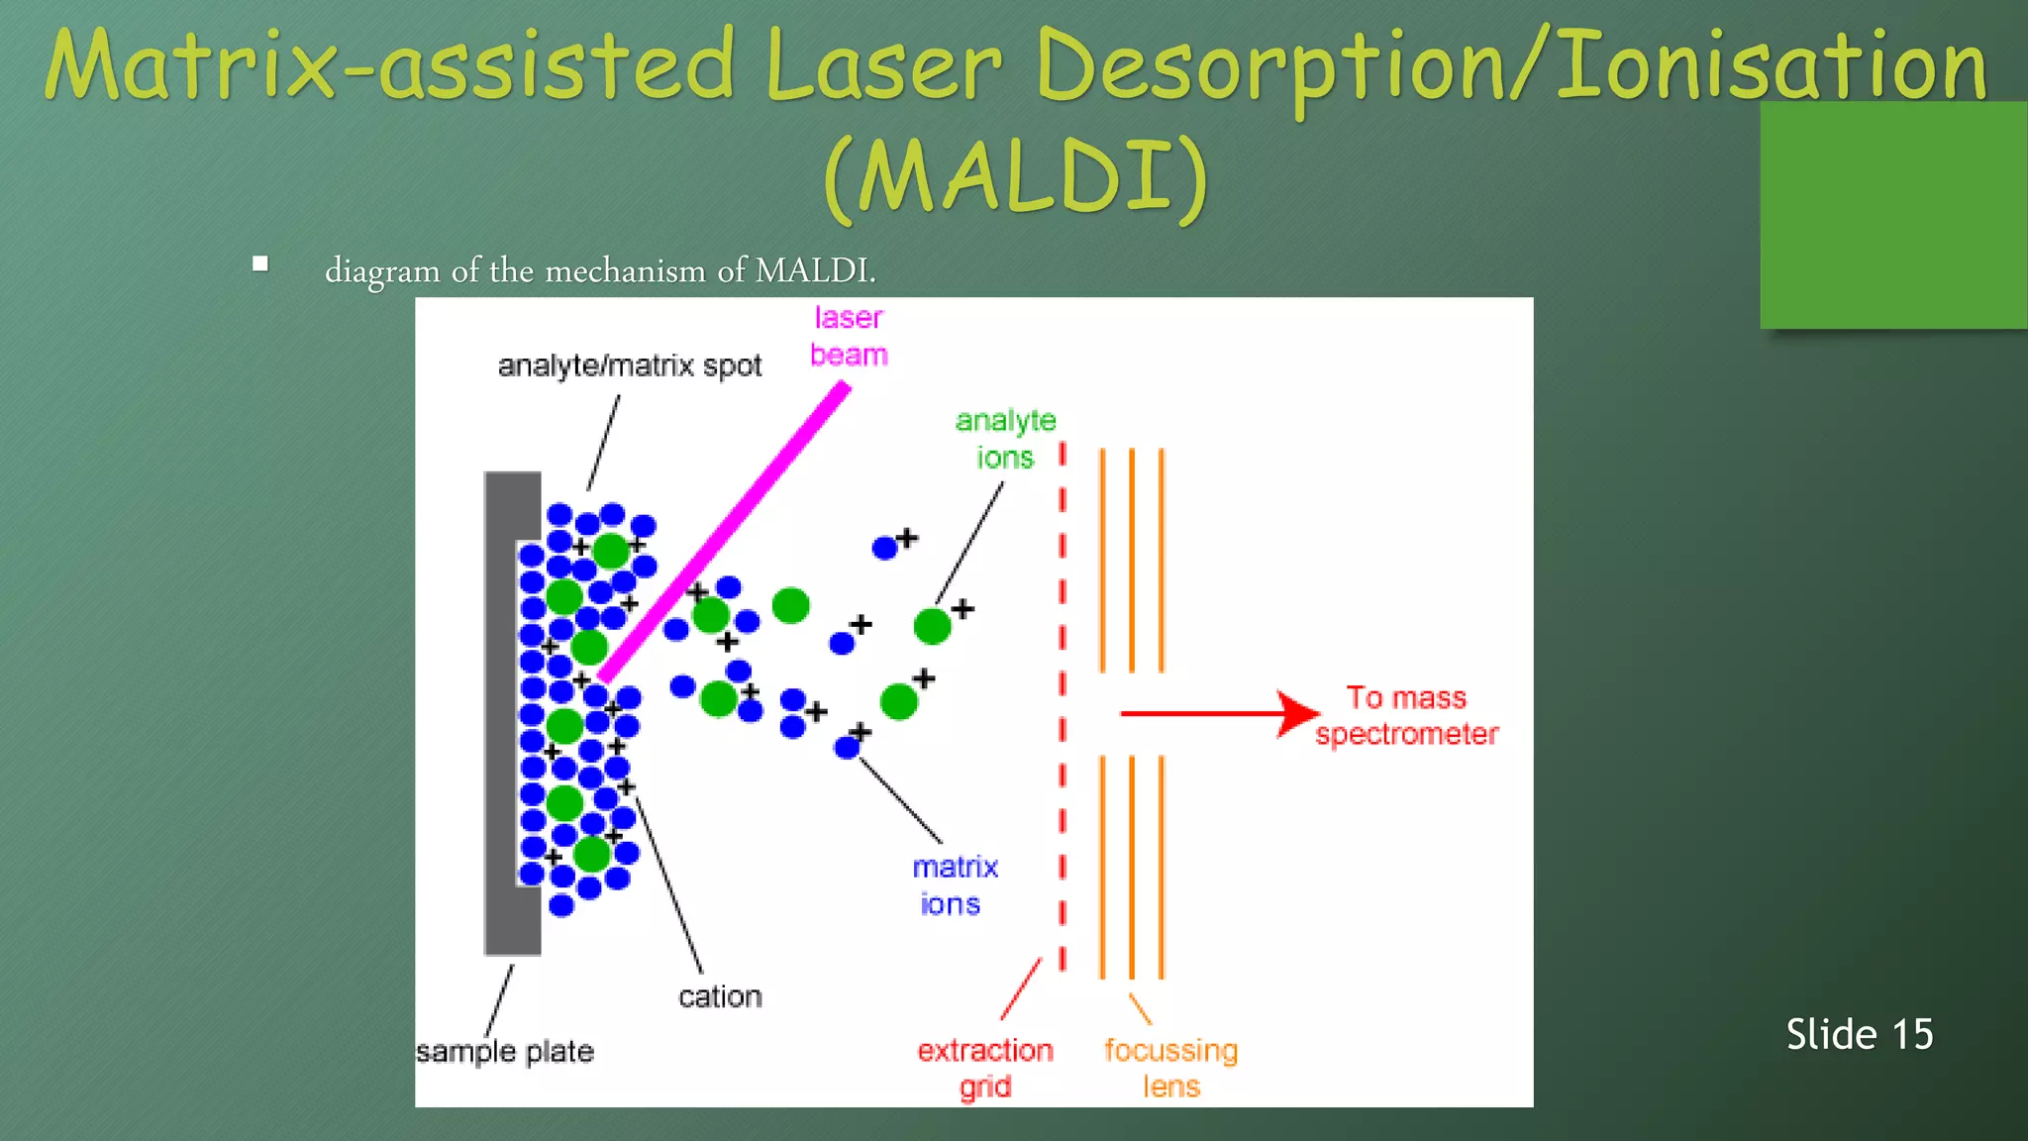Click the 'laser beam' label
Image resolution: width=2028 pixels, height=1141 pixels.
click(848, 336)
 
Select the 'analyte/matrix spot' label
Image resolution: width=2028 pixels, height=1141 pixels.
click(630, 366)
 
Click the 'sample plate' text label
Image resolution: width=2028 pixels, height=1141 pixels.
click(505, 1051)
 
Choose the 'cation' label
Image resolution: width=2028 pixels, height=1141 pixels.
click(720, 996)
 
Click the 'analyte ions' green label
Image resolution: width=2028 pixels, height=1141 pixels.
click(1005, 439)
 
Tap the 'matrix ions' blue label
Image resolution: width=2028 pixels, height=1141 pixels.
click(954, 885)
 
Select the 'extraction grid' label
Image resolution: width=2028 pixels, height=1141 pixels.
click(985, 1068)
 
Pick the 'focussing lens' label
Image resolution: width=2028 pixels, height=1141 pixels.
click(1171, 1068)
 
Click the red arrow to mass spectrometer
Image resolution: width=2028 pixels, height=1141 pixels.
click(1218, 713)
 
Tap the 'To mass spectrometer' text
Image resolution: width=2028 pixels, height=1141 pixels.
click(1406, 715)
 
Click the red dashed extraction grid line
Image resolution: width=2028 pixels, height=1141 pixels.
click(1063, 693)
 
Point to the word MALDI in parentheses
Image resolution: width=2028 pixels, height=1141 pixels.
click(1016, 176)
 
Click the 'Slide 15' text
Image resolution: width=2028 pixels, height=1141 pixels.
click(1859, 1034)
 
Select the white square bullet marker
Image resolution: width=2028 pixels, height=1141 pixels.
click(260, 263)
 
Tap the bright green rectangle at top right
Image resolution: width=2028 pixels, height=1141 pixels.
click(1891, 216)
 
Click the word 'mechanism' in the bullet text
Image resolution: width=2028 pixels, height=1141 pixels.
click(625, 270)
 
